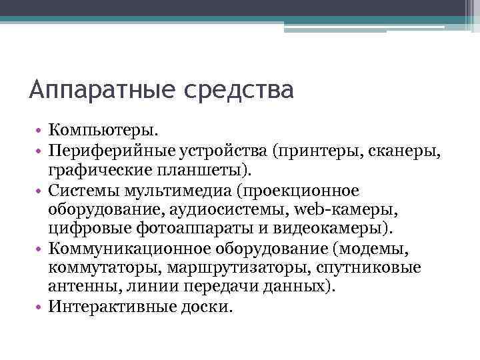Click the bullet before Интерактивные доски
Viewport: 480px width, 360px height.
(41, 308)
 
